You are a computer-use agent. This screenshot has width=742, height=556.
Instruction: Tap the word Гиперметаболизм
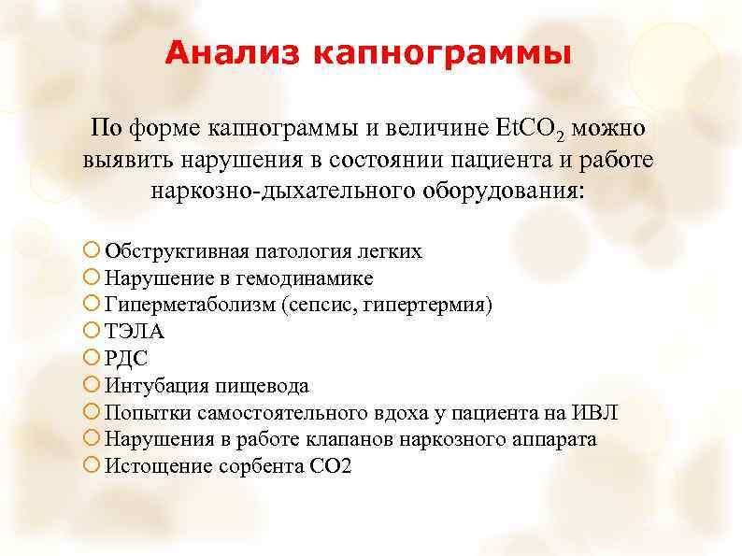[x=191, y=306]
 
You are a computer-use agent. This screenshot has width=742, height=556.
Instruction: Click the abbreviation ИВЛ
[x=596, y=413]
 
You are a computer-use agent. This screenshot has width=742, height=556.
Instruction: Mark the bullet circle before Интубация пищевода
[x=93, y=386]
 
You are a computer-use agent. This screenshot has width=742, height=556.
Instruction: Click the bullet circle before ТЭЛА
[x=93, y=332]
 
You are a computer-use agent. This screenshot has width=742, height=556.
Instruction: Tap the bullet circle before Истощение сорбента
[x=93, y=466]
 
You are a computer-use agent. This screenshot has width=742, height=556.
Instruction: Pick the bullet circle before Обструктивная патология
[x=93, y=251]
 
